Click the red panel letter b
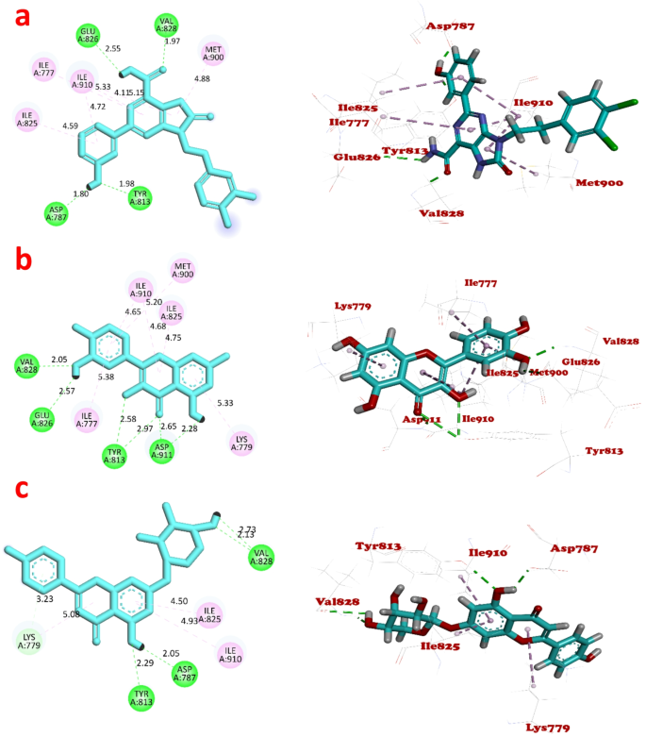point(22,260)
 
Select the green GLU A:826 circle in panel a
point(89,37)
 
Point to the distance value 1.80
point(82,193)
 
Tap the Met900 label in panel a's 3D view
point(599,182)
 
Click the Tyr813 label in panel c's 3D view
point(378,546)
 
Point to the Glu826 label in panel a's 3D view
point(356,157)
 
